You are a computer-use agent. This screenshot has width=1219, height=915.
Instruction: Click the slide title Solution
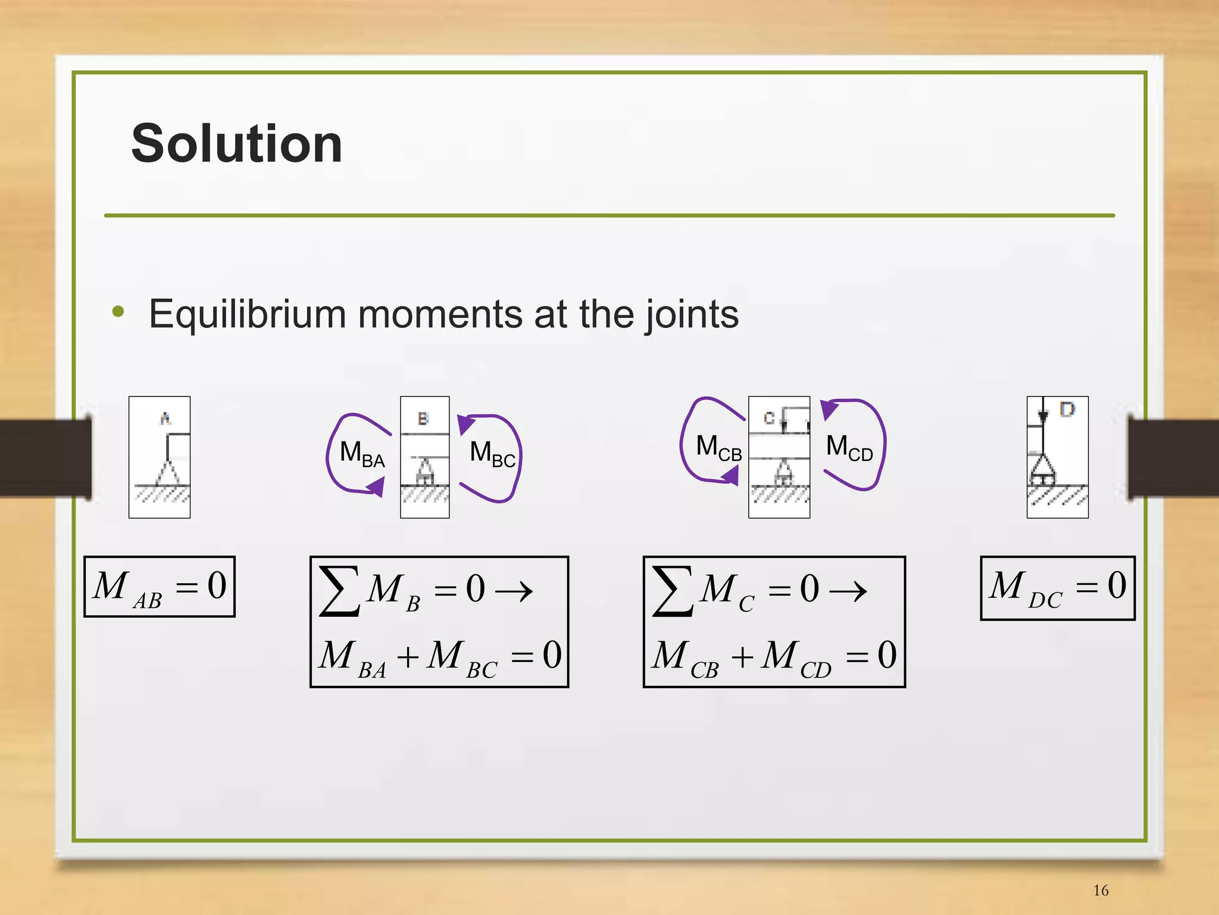pyautogui.click(x=236, y=143)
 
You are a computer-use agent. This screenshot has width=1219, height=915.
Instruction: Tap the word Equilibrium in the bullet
pyautogui.click(x=246, y=314)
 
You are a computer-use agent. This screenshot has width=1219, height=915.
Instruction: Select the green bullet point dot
pyautogui.click(x=118, y=311)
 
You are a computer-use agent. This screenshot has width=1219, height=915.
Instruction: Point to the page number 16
pyautogui.click(x=1101, y=891)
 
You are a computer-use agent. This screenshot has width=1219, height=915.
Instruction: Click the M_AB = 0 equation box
pyautogui.click(x=160, y=587)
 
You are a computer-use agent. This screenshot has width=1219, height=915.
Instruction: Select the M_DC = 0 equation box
pyautogui.click(x=1057, y=588)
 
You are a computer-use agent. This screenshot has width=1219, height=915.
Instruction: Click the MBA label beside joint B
pyautogui.click(x=362, y=454)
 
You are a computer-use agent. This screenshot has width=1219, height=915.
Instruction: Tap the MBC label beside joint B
pyautogui.click(x=492, y=454)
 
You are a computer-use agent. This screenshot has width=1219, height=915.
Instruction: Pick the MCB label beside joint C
pyautogui.click(x=718, y=448)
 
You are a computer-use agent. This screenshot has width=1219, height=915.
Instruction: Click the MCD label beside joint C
pyautogui.click(x=849, y=448)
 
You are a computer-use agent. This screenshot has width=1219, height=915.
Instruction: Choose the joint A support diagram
pyautogui.click(x=160, y=457)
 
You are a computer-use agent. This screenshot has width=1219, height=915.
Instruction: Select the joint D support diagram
pyautogui.click(x=1057, y=457)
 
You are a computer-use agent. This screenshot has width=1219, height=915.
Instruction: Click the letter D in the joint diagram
pyautogui.click(x=1067, y=410)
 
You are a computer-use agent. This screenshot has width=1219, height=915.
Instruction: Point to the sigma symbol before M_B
pyautogui.click(x=339, y=591)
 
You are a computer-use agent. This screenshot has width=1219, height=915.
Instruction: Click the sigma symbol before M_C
pyautogui.click(x=673, y=591)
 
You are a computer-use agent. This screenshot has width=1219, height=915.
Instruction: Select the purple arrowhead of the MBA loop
pyautogui.click(x=376, y=488)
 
